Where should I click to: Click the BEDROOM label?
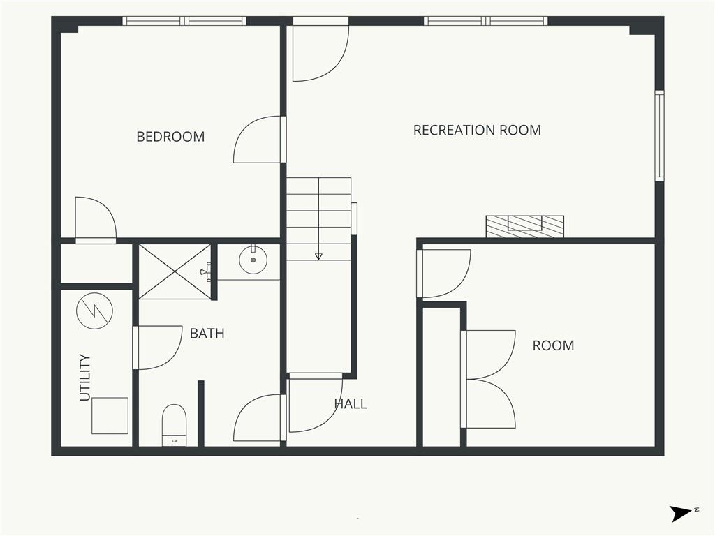pos(170,137)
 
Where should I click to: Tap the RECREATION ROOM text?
pos(477,131)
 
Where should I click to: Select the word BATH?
pos(207,334)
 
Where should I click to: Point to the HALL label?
pos(351,404)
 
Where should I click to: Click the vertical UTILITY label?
pos(85,378)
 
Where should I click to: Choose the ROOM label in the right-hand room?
pos(553,345)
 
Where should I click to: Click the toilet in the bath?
pos(175,424)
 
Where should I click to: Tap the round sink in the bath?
pos(253,260)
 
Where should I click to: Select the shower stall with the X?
pos(175,272)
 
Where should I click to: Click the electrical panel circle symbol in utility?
pos(95,311)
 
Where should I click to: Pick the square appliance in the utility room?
pos(110,416)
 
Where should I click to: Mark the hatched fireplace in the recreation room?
pos(525,227)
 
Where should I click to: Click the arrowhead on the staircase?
pos(318,257)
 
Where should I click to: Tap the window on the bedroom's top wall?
pos(184,21)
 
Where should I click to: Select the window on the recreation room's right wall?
pos(659,136)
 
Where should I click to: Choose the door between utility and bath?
pos(157,348)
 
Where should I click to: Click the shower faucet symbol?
pos(206,271)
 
